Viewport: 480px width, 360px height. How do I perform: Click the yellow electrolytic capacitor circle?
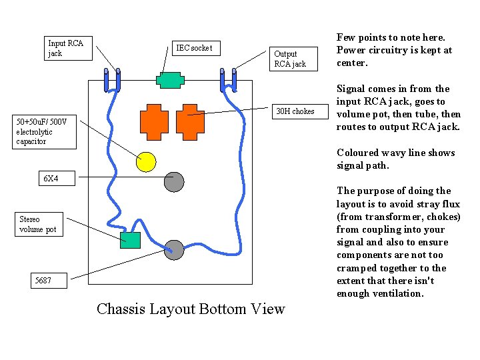pyautogui.click(x=146, y=162)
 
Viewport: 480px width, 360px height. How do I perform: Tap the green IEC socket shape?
pyautogui.click(x=170, y=80)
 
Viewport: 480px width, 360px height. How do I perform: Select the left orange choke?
pyautogui.click(x=154, y=122)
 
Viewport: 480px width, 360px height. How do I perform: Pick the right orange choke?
pyautogui.click(x=190, y=122)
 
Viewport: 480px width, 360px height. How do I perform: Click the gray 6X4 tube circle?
pyautogui.click(x=174, y=182)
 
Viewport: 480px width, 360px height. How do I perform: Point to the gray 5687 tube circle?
pyautogui.click(x=174, y=250)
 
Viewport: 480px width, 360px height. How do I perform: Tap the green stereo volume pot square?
pyautogui.click(x=130, y=240)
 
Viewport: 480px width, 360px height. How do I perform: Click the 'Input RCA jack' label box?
pyautogui.click(x=68, y=49)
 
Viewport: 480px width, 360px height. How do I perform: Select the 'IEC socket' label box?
pyautogui.click(x=196, y=49)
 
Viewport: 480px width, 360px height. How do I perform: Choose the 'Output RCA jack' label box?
pyautogui.click(x=293, y=59)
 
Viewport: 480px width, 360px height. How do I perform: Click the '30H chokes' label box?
pyautogui.click(x=300, y=111)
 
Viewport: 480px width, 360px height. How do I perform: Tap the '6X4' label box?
pyautogui.click(x=57, y=178)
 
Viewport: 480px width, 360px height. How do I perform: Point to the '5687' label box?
pyautogui.click(x=49, y=281)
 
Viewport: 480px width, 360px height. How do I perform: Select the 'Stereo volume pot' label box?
pyautogui.click(x=39, y=225)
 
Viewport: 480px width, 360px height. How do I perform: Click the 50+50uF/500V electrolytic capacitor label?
pyautogui.click(x=45, y=132)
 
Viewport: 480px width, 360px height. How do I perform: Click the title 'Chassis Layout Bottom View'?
pyautogui.click(x=191, y=309)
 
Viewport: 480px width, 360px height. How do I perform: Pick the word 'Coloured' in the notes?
pyautogui.click(x=355, y=153)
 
